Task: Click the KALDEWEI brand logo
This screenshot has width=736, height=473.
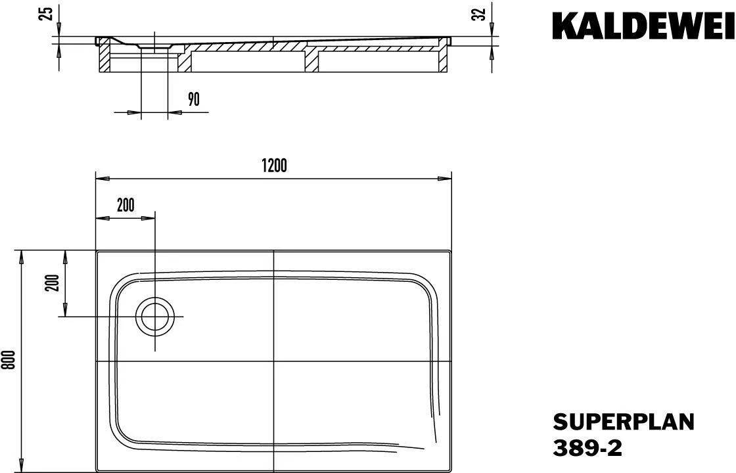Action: pyautogui.click(x=643, y=26)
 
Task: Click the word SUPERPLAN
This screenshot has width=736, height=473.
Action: pyautogui.click(x=624, y=422)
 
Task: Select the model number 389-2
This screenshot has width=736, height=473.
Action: pyautogui.click(x=587, y=447)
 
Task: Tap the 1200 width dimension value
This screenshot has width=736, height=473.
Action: pyautogui.click(x=274, y=166)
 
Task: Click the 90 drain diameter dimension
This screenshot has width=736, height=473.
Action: pyautogui.click(x=194, y=99)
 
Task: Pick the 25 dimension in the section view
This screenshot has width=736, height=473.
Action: pyautogui.click(x=47, y=13)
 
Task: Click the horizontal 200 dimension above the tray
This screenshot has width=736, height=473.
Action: pyautogui.click(x=126, y=205)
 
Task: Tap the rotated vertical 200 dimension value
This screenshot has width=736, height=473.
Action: pyautogui.click(x=53, y=282)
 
